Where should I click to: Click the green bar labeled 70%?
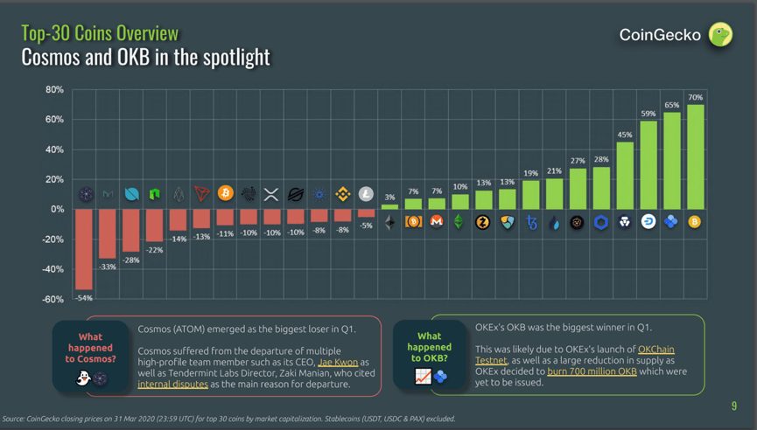[x=695, y=157]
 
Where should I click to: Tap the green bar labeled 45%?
[x=625, y=176]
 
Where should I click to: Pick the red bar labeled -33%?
[x=108, y=233]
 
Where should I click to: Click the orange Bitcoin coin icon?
[x=225, y=193]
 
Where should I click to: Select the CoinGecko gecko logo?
[x=720, y=34]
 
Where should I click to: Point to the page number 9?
[x=733, y=406]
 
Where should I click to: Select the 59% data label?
[x=648, y=114]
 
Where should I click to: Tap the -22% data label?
[x=154, y=250]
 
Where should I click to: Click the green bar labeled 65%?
[x=671, y=161]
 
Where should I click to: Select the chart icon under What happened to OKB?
[x=423, y=377]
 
